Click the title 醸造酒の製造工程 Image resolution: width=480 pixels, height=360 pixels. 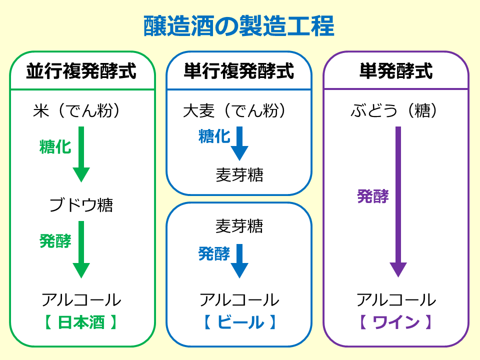click(x=239, y=26)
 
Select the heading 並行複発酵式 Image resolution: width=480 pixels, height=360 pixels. click(x=81, y=71)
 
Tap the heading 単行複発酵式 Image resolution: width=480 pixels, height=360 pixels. click(x=239, y=71)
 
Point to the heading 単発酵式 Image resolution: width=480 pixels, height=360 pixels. click(x=396, y=71)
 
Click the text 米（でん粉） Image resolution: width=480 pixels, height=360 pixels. click(x=76, y=110)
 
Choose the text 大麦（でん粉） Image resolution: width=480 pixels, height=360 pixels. click(x=234, y=110)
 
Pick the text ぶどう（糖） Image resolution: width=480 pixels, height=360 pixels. click(x=394, y=110)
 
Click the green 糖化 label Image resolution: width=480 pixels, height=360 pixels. click(x=55, y=146)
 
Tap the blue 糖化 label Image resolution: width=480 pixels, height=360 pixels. click(x=214, y=136)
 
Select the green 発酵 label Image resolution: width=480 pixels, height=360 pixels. click(x=55, y=241)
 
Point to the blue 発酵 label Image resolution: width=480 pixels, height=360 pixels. click(x=214, y=254)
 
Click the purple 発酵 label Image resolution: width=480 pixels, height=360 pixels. click(x=373, y=196)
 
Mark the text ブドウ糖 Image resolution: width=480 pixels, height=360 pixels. click(x=81, y=205)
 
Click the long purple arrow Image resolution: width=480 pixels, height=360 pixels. click(x=398, y=202)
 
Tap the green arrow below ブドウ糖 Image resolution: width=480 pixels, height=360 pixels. click(x=81, y=249)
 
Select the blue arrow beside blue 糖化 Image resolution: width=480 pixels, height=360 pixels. click(x=239, y=143)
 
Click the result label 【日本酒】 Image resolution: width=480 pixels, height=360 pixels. click(x=81, y=322)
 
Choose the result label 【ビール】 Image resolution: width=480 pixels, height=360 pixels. click(x=240, y=322)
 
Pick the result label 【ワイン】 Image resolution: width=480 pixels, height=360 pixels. click(x=396, y=322)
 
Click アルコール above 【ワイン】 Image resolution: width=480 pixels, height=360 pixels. click(x=396, y=299)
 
